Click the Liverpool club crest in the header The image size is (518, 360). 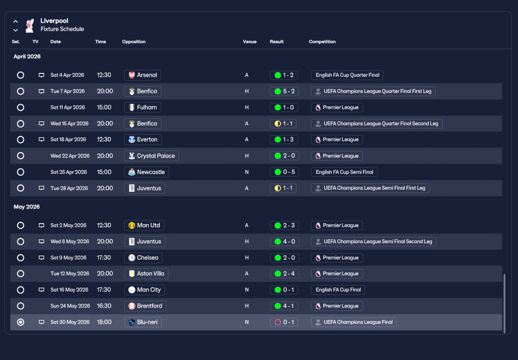click(x=30, y=25)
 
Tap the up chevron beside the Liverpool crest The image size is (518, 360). click(x=15, y=21)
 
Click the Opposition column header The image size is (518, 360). click(x=134, y=42)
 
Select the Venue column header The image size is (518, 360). click(x=250, y=42)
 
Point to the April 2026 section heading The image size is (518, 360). click(x=27, y=57)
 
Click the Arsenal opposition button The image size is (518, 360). click(x=143, y=75)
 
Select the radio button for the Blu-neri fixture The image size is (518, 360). click(x=21, y=322)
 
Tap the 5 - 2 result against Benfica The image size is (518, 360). click(x=284, y=91)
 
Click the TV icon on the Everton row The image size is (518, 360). click(x=41, y=140)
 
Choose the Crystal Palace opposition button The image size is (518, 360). click(x=151, y=156)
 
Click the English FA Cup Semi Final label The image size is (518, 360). click(x=344, y=172)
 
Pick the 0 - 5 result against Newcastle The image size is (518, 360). click(x=284, y=172)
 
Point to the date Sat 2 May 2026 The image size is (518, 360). click(x=68, y=225)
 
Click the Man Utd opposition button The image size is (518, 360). click(x=144, y=226)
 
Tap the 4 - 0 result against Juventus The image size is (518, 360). click(x=284, y=241)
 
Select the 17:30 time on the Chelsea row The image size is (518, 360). click(x=104, y=258)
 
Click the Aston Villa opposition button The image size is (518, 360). click(x=146, y=274)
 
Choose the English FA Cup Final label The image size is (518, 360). click(x=338, y=290)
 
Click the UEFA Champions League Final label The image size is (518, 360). click(x=354, y=322)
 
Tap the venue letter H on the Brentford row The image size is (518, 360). click(x=247, y=306)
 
